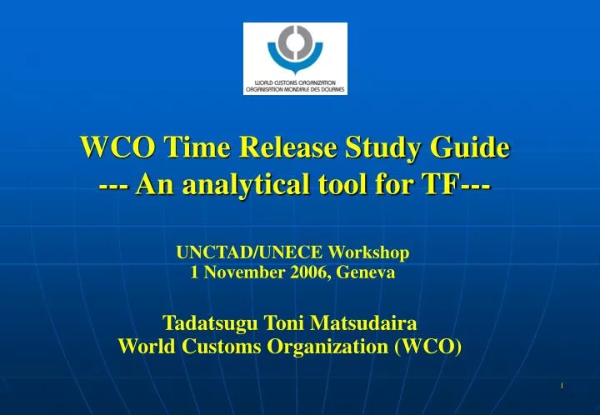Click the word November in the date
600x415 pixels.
click(240, 272)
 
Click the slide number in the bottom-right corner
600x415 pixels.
click(562, 385)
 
